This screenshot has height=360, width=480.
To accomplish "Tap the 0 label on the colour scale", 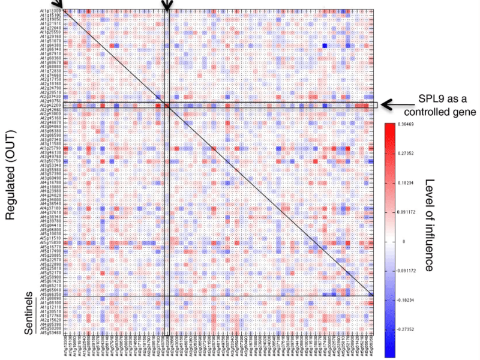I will (404, 240).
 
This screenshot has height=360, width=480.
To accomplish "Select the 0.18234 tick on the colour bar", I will (410, 182).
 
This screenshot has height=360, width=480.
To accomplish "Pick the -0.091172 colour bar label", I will (412, 269).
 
